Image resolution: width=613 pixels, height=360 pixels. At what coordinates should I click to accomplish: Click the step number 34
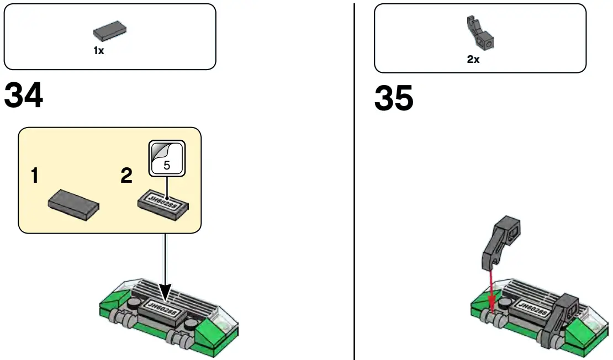coord(24,97)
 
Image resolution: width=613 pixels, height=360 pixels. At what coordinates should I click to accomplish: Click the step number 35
coord(394,99)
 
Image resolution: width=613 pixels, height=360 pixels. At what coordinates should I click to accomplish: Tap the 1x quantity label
coord(98,50)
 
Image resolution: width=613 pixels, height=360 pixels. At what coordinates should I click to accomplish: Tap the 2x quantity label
coord(473,59)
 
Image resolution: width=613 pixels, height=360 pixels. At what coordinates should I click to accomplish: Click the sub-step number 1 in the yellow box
coord(35,176)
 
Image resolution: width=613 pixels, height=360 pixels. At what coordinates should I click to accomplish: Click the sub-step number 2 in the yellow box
coord(126,176)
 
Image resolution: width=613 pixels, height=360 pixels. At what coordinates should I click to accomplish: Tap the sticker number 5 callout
coord(167,165)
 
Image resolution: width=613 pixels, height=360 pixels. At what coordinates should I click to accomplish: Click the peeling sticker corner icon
coord(159,151)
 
